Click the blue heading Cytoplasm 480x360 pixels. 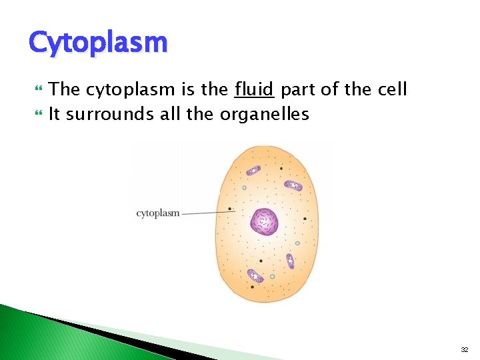[98, 43]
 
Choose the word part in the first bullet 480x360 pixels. [307, 89]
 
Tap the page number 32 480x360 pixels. [464, 349]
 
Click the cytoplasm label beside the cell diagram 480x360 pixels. [158, 213]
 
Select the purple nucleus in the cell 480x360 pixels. [265, 221]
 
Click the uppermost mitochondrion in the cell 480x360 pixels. [253, 171]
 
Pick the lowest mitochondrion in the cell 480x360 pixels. [255, 275]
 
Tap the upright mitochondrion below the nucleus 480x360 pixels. [290, 261]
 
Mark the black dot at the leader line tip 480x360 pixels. [230, 209]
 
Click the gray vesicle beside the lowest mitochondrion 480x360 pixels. [272, 276]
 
